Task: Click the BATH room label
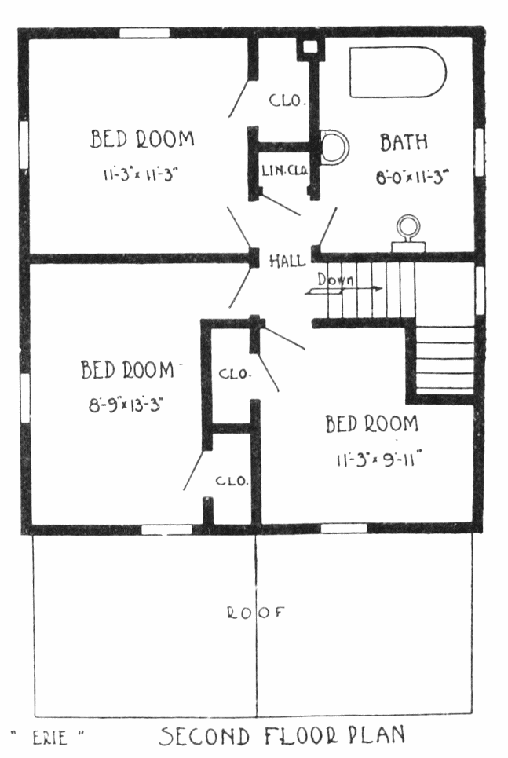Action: coord(404,142)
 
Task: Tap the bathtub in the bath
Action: coord(397,72)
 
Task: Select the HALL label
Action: coord(287,261)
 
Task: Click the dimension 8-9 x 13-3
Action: coord(125,405)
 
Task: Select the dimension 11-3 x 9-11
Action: coord(379,458)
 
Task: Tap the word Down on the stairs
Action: coord(335,280)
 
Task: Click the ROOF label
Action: coord(256,613)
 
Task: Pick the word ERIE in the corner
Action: coord(49,738)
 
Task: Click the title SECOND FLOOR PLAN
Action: coord(283,736)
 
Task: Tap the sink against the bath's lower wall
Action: coord(408,234)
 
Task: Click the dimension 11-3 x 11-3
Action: coord(141,174)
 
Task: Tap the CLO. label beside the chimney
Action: coord(287,101)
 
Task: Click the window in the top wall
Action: coord(144,33)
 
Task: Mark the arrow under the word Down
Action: coord(343,290)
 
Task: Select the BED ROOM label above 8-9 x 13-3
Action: coord(127,370)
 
